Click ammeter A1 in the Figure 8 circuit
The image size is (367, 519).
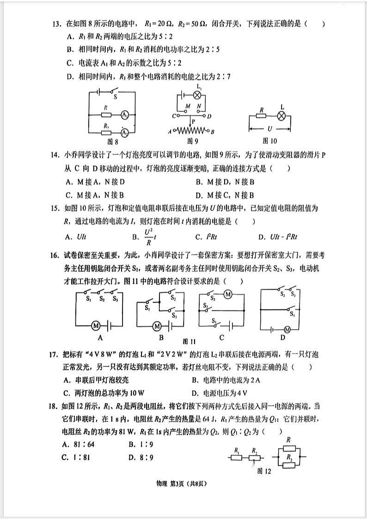[124, 115]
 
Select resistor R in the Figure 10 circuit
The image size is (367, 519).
[262, 116]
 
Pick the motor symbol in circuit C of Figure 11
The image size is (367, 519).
[227, 294]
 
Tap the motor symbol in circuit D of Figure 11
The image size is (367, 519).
[287, 330]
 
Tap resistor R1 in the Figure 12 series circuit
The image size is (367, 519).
[237, 457]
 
